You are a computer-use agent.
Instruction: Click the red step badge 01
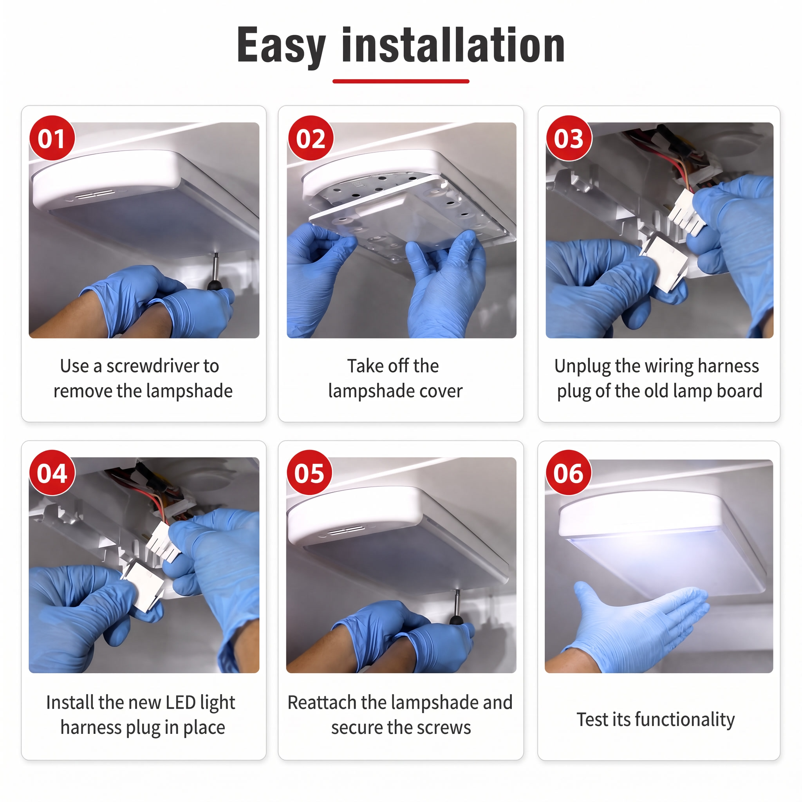point(52,138)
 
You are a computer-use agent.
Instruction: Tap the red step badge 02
point(311,138)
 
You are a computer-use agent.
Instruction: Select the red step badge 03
point(569,138)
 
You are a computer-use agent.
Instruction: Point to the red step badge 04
point(52,473)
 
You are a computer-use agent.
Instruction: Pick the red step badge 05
point(310,473)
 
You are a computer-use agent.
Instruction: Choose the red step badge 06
point(569,473)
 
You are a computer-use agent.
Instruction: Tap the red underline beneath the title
point(401,81)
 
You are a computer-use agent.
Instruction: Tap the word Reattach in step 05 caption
point(322,703)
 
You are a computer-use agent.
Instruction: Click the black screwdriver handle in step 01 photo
point(214,285)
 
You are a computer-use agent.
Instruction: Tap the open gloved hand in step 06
point(635,623)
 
